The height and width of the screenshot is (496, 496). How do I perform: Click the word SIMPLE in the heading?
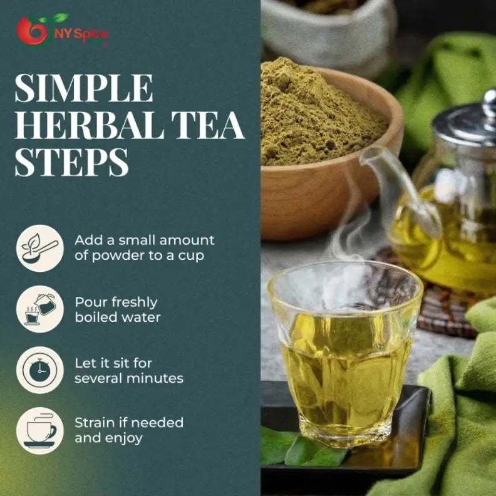click(x=83, y=88)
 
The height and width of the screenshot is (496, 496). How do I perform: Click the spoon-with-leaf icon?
click(x=40, y=248)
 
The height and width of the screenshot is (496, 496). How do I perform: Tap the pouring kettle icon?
click(x=40, y=309)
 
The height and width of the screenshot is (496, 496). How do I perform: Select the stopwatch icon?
click(x=40, y=370)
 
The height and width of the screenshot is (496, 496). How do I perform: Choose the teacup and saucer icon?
click(x=40, y=430)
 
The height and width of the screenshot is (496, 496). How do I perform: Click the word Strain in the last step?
click(x=95, y=423)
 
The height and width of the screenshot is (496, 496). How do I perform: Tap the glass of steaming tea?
click(x=344, y=351)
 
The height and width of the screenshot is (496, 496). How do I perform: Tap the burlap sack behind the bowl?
click(x=326, y=25)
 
